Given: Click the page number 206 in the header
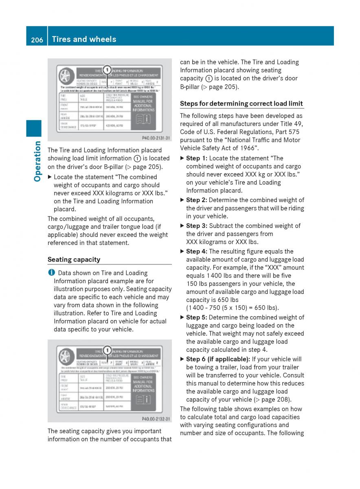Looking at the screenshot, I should [x=36, y=40].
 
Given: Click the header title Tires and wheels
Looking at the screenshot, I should [x=84, y=39].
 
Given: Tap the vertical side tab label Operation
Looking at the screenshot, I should [x=37, y=161].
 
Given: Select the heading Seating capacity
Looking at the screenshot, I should [x=74, y=260].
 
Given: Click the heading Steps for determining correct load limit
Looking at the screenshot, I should [x=241, y=104].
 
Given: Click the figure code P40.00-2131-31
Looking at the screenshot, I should [x=156, y=138].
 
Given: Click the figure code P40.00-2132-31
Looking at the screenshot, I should [x=156, y=419].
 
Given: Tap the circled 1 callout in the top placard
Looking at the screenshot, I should [x=107, y=70].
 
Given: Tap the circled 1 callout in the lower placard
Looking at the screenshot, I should [x=107, y=350].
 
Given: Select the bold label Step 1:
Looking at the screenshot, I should [x=197, y=158].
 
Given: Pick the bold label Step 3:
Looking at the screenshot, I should [x=197, y=226].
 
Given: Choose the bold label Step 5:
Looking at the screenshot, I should [x=197, y=317].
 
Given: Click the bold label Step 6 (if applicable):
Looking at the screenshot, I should [x=218, y=359].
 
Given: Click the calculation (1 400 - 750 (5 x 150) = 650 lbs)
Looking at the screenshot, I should [x=233, y=308].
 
